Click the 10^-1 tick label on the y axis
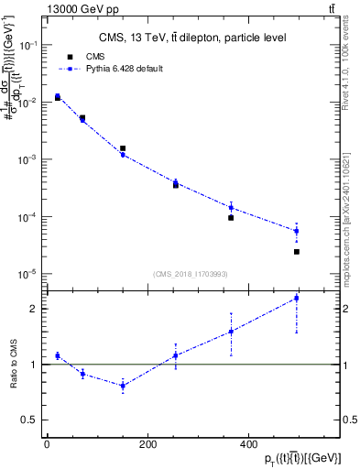tap(28, 45)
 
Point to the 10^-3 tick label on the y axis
tap(28, 159)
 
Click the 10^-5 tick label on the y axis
tap(28, 274)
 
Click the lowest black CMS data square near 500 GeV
tap(297, 251)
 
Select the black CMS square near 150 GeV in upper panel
tap(123, 147)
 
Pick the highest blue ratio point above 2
tap(297, 298)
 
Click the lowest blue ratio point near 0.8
tap(123, 386)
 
